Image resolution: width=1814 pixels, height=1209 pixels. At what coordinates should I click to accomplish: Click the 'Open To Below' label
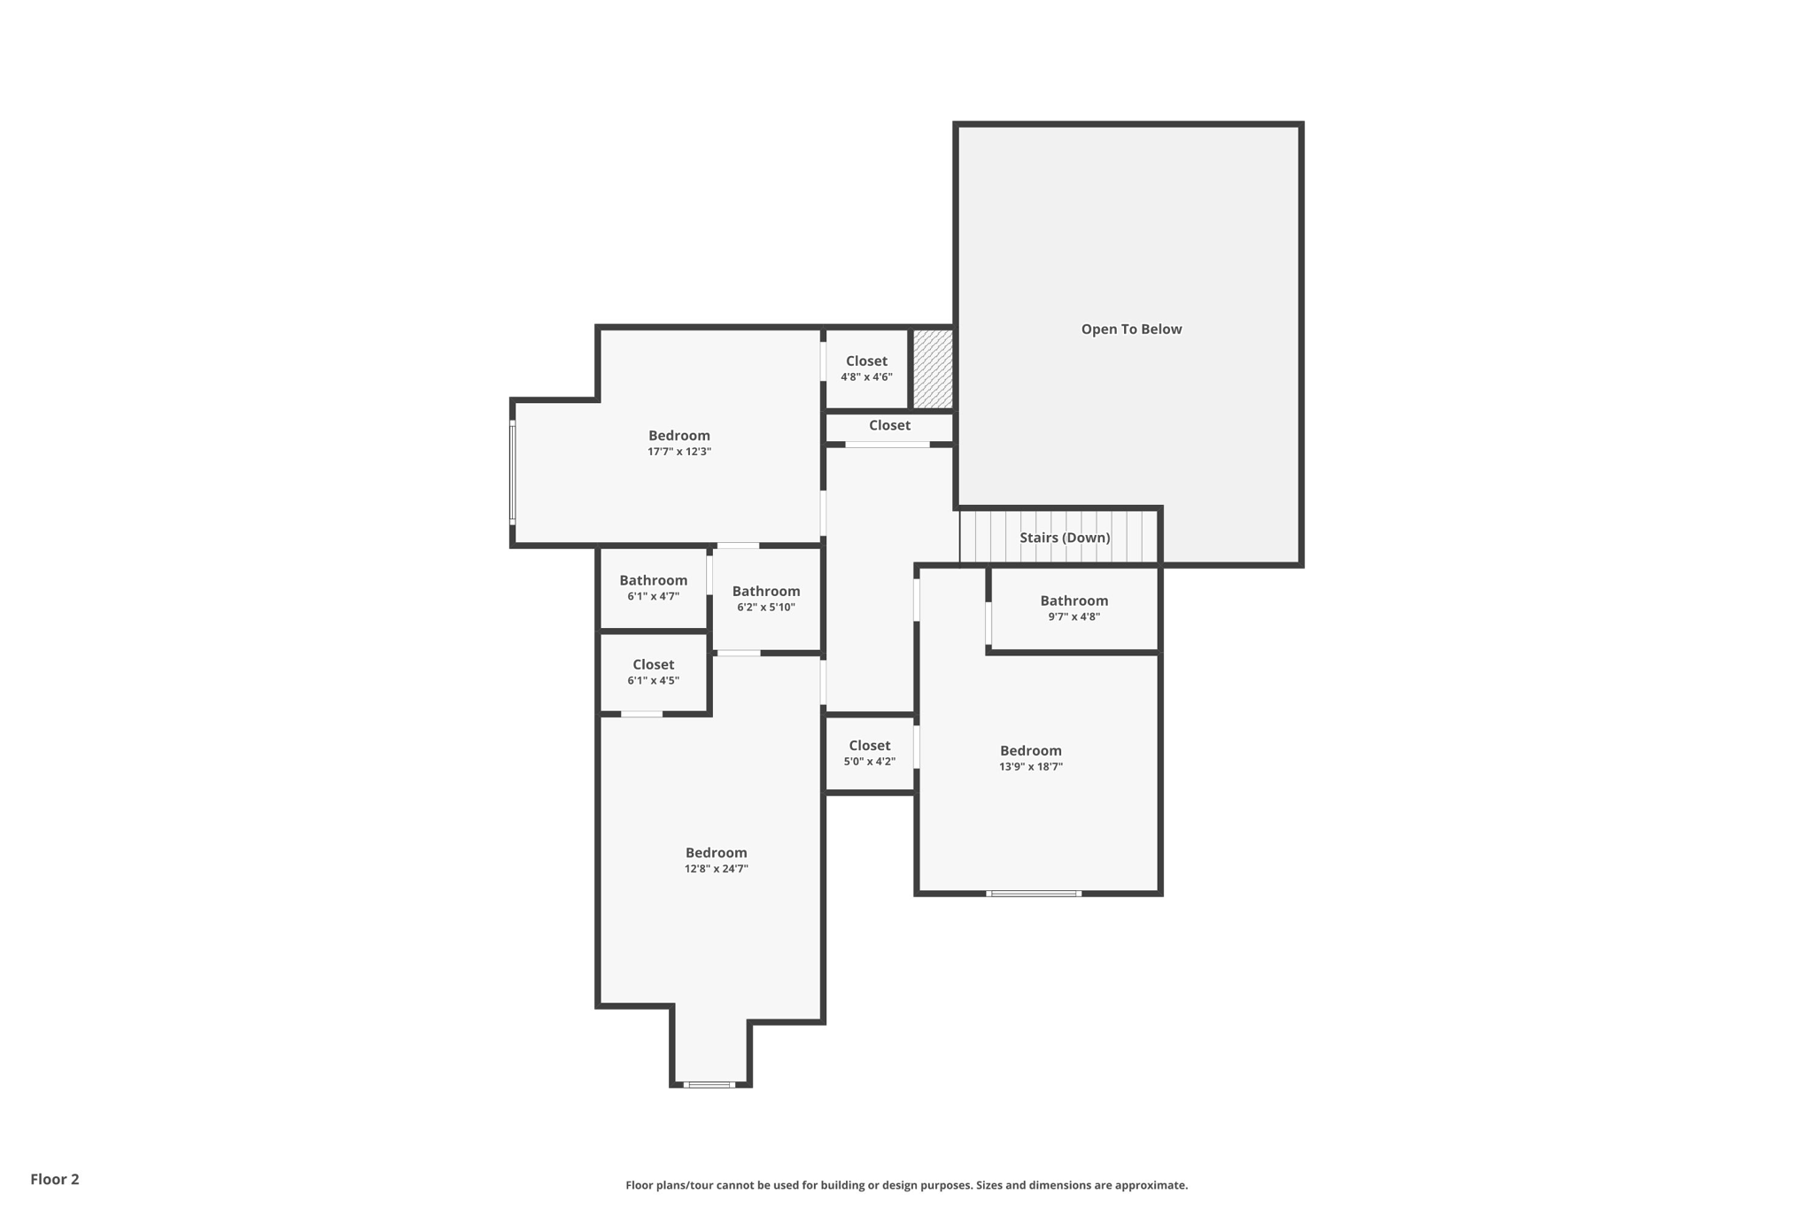1131,329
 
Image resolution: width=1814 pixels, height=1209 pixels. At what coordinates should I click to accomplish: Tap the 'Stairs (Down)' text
1064,538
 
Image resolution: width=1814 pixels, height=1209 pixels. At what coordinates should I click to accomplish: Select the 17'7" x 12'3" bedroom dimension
679,452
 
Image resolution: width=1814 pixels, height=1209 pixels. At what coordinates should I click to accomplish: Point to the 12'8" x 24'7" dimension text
716,869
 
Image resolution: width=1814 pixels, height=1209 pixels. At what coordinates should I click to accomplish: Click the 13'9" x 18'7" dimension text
1030,767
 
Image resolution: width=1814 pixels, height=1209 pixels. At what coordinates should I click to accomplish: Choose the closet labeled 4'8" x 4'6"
866,368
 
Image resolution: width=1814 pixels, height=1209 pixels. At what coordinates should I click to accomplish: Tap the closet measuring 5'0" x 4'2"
869,753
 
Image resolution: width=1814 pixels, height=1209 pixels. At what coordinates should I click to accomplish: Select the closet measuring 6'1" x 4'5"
653,671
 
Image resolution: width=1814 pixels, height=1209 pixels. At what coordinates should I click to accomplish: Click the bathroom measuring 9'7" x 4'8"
1074,608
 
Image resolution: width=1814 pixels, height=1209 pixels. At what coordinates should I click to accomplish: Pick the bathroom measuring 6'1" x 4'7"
653,588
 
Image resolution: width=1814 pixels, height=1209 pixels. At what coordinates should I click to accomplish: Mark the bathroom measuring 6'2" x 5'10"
765,599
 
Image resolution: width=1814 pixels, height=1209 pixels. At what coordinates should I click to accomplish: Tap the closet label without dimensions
889,426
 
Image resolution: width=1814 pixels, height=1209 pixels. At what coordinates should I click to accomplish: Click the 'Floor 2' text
55,1179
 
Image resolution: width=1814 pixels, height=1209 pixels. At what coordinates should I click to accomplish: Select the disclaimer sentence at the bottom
906,1185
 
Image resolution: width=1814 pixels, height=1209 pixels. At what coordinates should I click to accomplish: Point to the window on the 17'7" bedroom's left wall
512,473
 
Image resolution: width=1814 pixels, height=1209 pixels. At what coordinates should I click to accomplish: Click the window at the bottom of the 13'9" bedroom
1034,894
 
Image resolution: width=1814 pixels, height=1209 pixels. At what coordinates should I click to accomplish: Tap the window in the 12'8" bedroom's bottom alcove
709,1084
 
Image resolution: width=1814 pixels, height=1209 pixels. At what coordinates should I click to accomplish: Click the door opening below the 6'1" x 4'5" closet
641,714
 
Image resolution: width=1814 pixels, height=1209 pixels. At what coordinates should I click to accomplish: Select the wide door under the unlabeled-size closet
887,445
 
